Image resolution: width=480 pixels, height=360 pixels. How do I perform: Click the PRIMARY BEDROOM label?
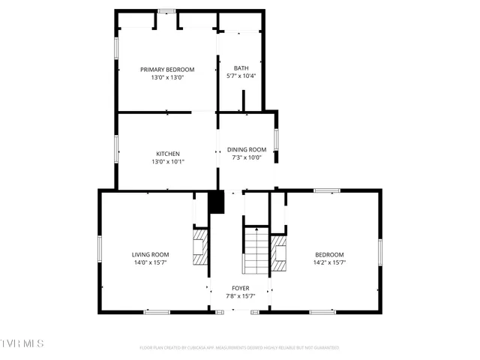click(x=167, y=69)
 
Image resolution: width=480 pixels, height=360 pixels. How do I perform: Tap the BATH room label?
click(x=241, y=68)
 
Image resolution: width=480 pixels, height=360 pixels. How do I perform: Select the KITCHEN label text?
click(x=167, y=154)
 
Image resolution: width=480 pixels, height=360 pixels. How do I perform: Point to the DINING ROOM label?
click(x=247, y=149)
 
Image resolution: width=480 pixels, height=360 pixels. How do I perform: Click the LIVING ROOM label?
click(x=151, y=254)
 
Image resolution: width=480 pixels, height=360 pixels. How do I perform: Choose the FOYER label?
click(x=241, y=288)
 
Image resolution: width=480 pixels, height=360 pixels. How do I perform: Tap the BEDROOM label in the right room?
click(x=329, y=254)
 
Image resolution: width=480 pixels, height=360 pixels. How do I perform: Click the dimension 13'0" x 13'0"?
click(x=167, y=77)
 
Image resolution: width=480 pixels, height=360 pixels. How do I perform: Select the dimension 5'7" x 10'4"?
click(x=241, y=76)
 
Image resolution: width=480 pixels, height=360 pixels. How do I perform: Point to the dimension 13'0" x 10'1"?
click(x=167, y=161)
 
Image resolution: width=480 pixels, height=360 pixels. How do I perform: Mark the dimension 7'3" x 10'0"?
click(x=247, y=157)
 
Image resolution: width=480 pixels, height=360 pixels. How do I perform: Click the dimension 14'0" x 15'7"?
click(x=151, y=262)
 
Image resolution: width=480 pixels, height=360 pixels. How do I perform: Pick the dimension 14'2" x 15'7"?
click(x=329, y=262)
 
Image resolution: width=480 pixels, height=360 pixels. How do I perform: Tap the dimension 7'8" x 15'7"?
click(x=241, y=296)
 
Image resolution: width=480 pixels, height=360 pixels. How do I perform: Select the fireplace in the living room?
click(x=200, y=248)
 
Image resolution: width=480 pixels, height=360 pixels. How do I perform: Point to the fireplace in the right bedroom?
click(x=278, y=253)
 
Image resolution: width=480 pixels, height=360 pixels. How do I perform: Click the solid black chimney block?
click(x=216, y=202)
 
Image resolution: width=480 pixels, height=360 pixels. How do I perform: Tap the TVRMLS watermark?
click(x=22, y=343)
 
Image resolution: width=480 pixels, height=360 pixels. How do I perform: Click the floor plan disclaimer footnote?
click(x=239, y=348)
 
